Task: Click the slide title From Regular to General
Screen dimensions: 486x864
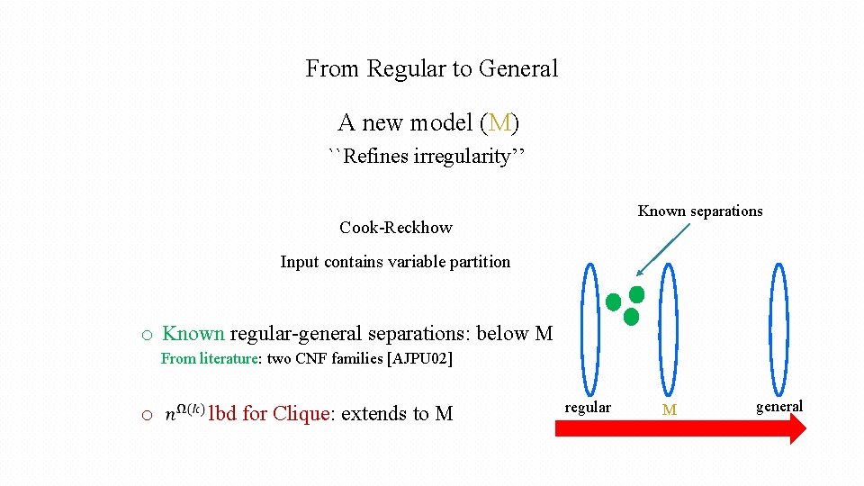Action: pos(432,68)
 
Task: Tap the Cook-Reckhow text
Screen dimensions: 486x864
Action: pos(396,228)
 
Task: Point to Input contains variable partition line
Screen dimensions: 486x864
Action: pos(395,262)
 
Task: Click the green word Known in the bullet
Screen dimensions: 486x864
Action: pos(193,334)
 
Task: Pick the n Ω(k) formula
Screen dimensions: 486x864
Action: pos(184,413)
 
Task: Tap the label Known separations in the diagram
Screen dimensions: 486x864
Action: pos(700,211)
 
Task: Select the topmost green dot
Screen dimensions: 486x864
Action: pos(636,294)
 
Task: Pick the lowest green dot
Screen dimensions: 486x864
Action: pos(631,317)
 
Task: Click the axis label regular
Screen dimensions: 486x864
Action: pos(588,408)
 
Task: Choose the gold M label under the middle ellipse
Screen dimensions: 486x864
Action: pos(669,409)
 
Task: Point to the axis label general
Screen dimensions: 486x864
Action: pos(779,407)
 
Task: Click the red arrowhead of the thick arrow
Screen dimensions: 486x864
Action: pos(794,429)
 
